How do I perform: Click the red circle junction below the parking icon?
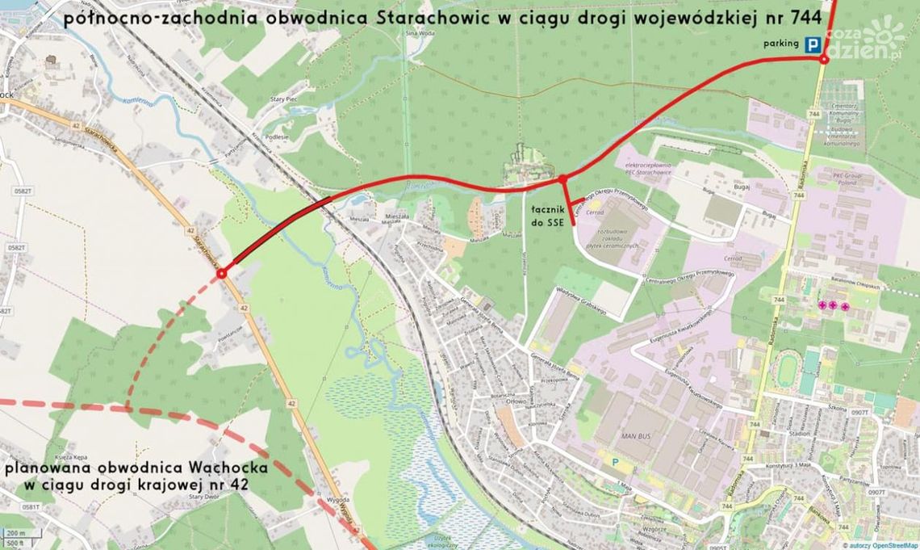[x=823, y=60]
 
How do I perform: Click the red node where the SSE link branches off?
[x=562, y=178]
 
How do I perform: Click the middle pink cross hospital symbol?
[x=834, y=305]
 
